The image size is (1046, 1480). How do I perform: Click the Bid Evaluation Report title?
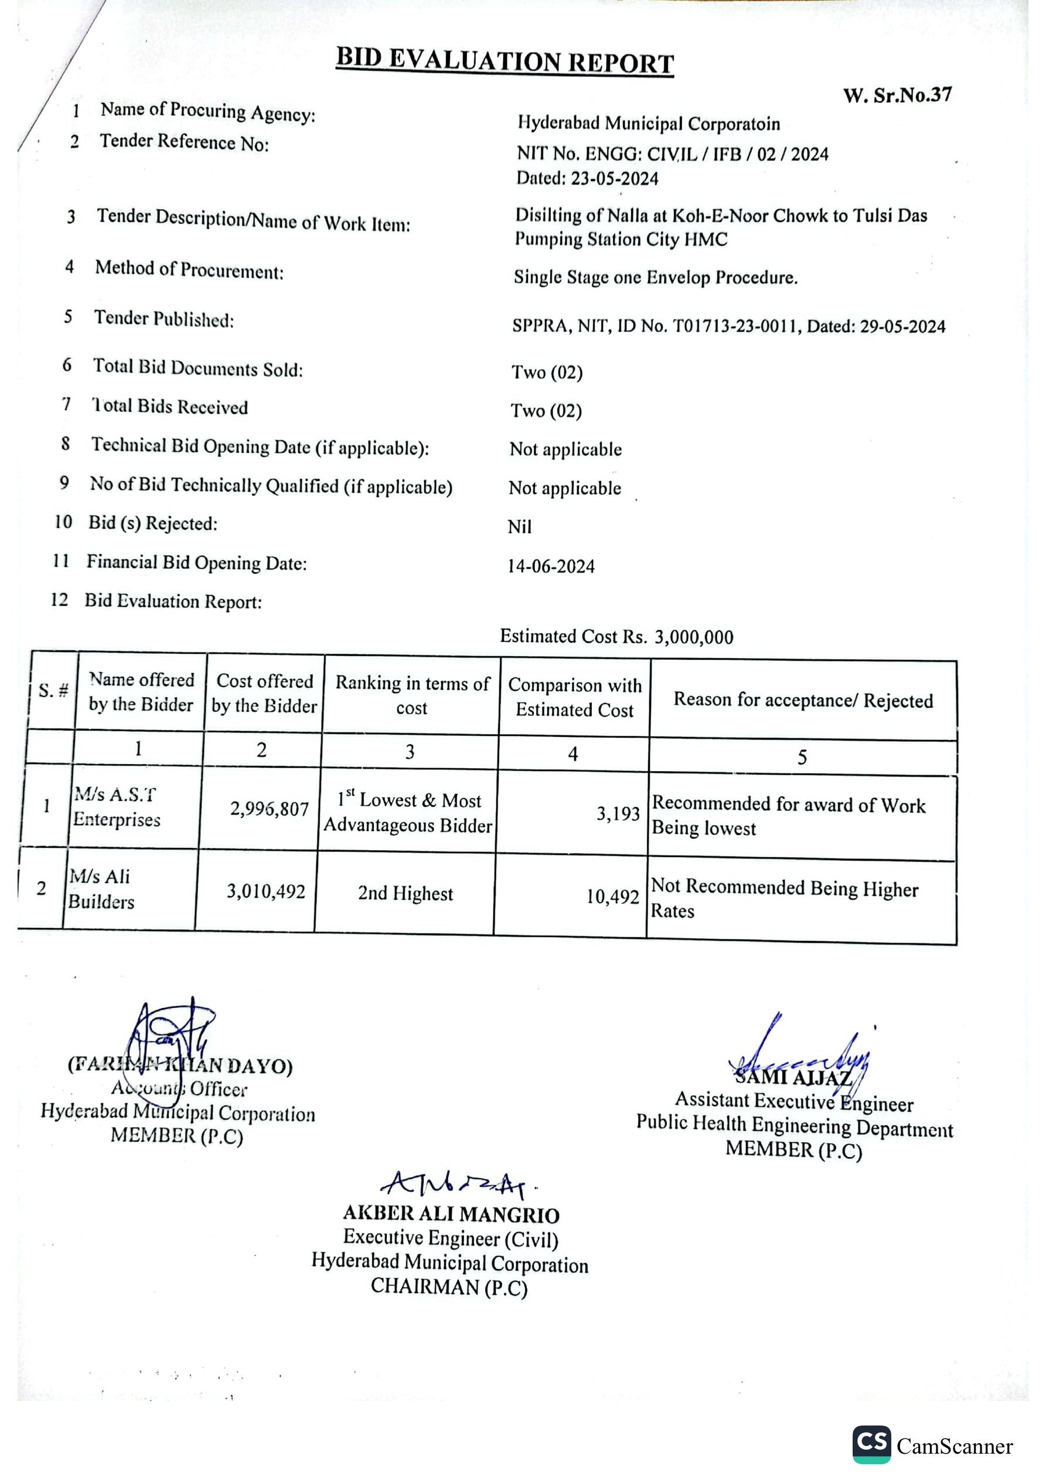[x=505, y=62]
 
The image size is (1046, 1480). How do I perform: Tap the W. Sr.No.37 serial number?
[x=897, y=96]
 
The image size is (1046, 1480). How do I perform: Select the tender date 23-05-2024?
[x=615, y=179]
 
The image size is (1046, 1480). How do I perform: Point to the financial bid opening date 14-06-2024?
[x=551, y=566]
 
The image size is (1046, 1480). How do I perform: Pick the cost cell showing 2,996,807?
[x=270, y=809]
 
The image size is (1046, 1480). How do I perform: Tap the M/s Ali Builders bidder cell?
[x=101, y=889]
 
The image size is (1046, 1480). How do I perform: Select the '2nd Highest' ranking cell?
[x=406, y=894]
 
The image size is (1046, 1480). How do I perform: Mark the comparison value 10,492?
[x=612, y=896]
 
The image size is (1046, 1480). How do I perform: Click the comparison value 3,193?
[x=617, y=813]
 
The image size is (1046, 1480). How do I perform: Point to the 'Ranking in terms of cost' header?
[x=412, y=695]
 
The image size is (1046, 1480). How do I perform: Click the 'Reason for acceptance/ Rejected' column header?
[x=803, y=700]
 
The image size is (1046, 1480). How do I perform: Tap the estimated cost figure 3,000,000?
[x=694, y=637]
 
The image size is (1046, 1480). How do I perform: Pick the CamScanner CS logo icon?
[x=871, y=1444]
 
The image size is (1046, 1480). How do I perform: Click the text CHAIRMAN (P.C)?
[x=449, y=1287]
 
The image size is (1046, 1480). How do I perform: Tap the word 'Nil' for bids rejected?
[x=520, y=527]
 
